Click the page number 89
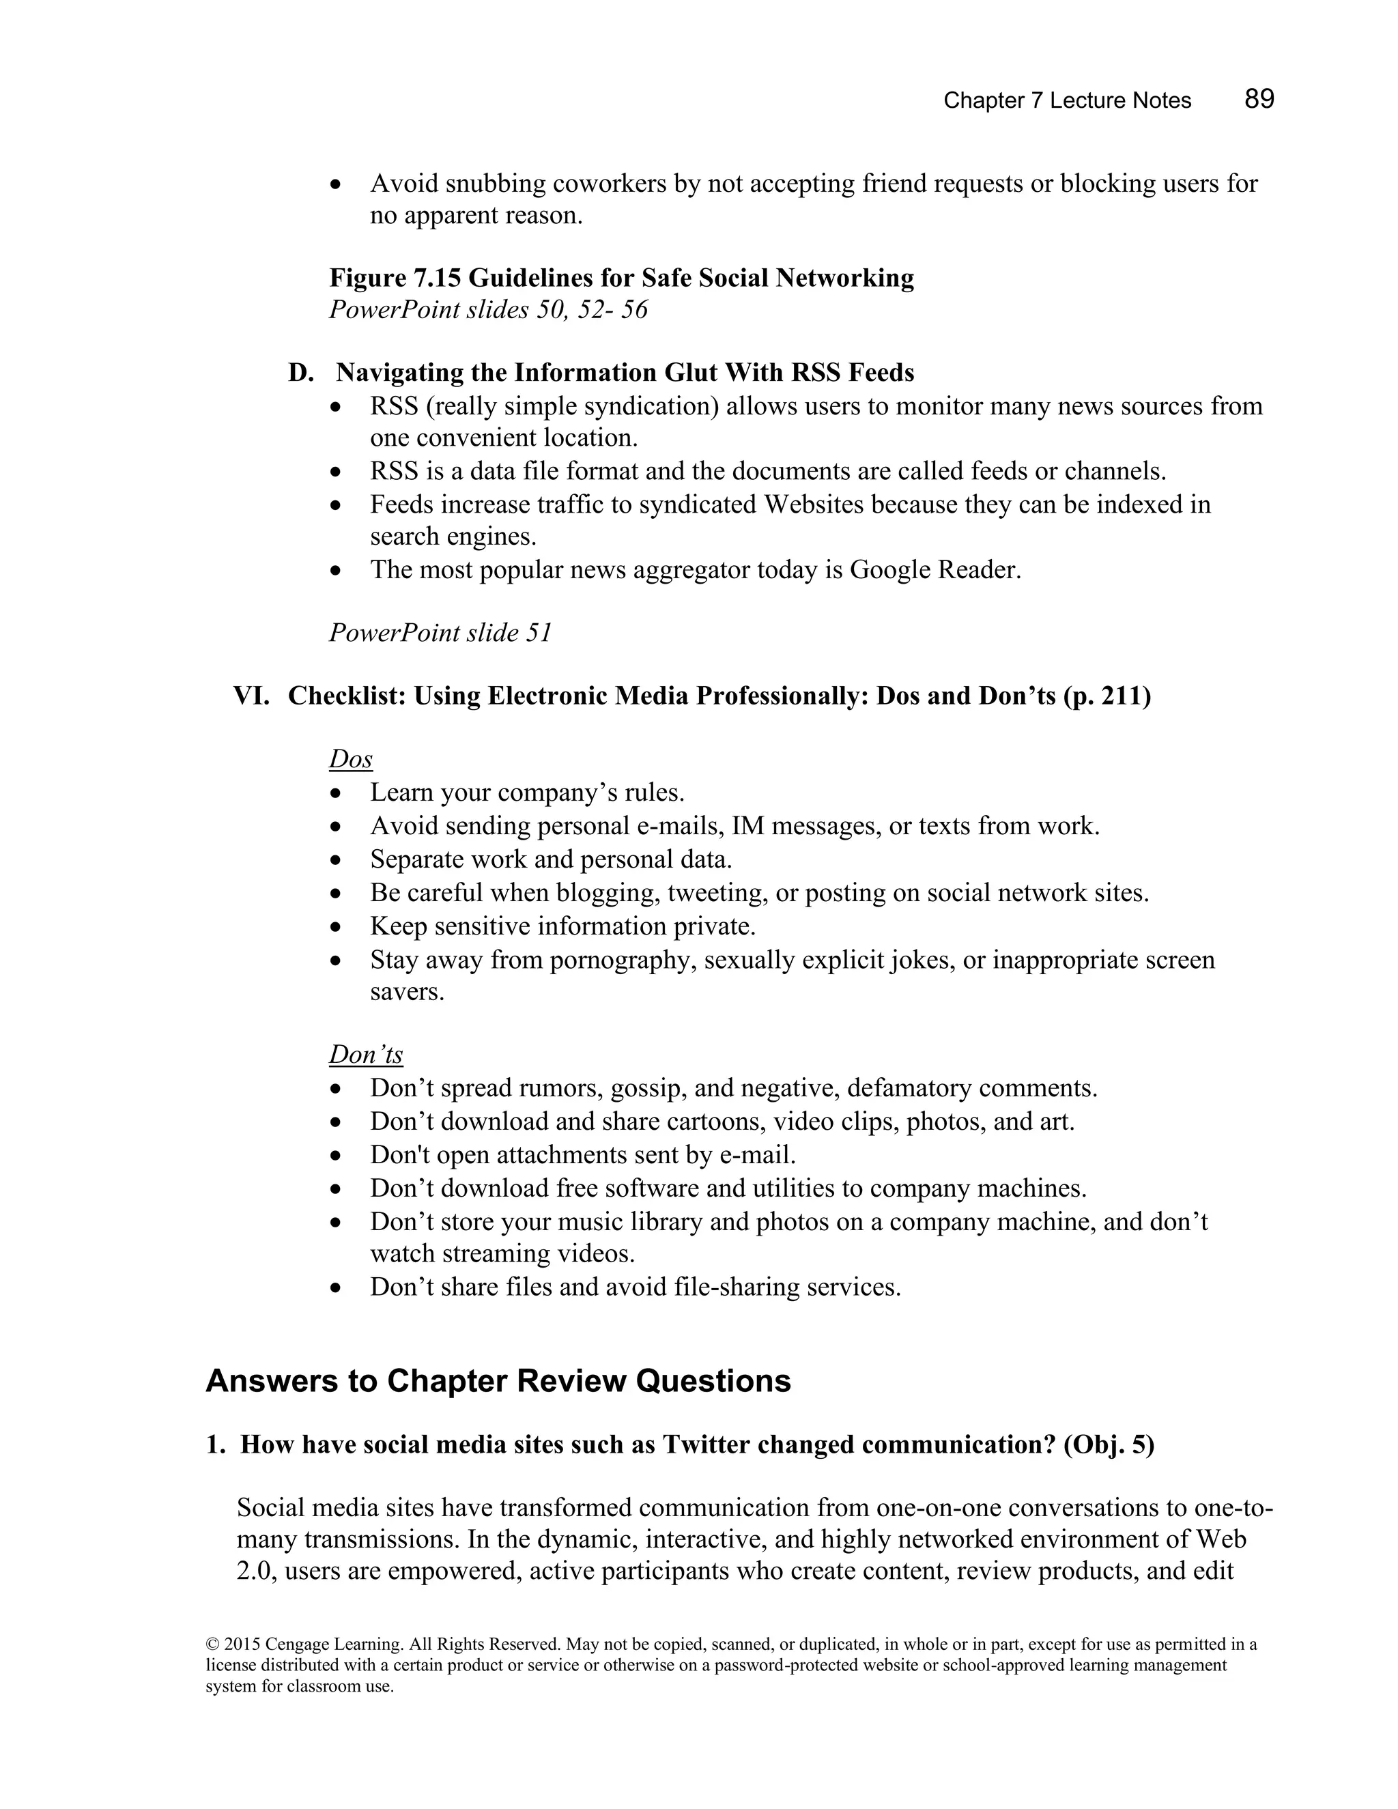[x=1258, y=100]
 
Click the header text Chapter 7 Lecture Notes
[x=1067, y=101]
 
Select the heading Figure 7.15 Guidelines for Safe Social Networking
[x=621, y=277]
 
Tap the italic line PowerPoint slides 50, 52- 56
[x=488, y=310]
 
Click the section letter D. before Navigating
[x=300, y=373]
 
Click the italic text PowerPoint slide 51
[x=440, y=633]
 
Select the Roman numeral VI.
[x=251, y=696]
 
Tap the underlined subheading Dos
[x=350, y=758]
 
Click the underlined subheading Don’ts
[x=365, y=1055]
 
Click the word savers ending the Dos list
[x=406, y=991]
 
